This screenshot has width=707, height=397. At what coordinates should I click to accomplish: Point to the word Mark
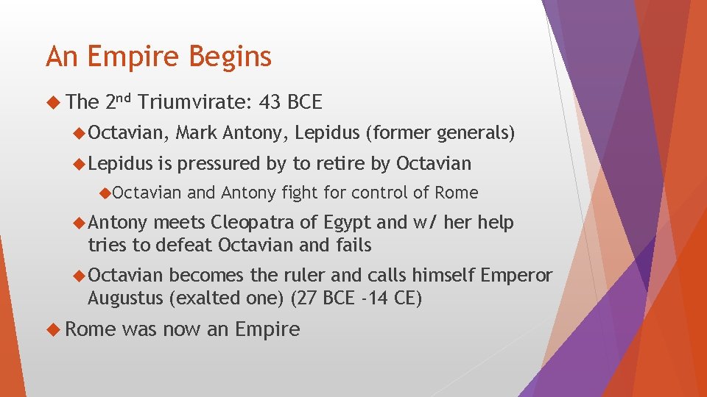[197, 133]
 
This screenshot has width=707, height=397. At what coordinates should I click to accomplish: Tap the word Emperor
[516, 275]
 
